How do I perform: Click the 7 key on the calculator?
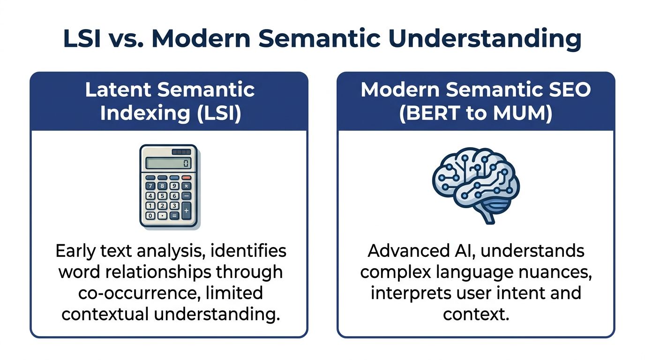tap(150, 186)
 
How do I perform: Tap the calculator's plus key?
tap(186, 211)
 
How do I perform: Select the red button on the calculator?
tap(186, 177)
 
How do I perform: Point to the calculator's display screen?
tap(168, 163)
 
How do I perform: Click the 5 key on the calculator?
tap(162, 196)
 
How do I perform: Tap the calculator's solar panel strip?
tap(181, 152)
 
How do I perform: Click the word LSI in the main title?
tap(82, 39)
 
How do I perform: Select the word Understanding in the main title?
tap(485, 40)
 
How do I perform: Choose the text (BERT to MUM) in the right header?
tap(475, 113)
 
